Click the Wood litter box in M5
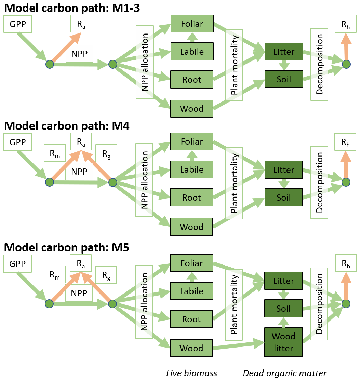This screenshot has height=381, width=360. point(284,342)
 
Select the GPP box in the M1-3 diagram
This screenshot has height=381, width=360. point(18,24)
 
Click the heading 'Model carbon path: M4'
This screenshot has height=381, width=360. point(67,126)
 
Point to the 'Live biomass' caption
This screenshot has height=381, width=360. point(192,373)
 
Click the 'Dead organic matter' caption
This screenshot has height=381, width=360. point(285,373)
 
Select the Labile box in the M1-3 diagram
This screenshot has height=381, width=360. point(192,52)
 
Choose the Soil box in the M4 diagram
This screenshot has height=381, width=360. point(284,198)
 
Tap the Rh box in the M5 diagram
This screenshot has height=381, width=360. point(346,263)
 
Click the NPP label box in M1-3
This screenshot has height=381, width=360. point(79,54)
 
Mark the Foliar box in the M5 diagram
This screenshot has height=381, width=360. point(192,263)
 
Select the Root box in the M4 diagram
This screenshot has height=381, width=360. point(192,198)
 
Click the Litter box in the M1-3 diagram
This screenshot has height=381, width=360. point(284,52)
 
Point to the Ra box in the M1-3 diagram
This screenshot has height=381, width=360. point(81,24)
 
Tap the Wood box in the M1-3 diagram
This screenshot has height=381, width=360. point(192,109)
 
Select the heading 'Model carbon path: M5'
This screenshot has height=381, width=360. point(67,247)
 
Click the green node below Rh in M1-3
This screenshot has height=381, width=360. point(346,64)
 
